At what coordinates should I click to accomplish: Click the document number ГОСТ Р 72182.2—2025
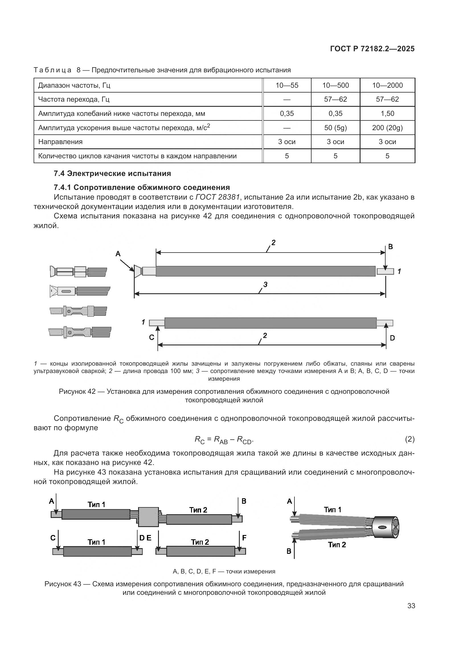[x=372, y=49]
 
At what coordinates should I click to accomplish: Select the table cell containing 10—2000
[x=387, y=85]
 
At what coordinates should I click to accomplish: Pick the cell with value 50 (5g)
[x=335, y=128]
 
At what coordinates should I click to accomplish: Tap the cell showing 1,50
[x=387, y=113]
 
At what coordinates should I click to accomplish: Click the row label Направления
[x=60, y=142]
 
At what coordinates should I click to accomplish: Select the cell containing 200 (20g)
[x=387, y=128]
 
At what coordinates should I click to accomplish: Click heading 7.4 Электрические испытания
[x=112, y=173]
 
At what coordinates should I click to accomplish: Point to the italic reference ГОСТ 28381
[x=218, y=197]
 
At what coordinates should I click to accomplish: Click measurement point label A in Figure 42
[x=118, y=254]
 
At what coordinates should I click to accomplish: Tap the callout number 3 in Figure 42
[x=265, y=284]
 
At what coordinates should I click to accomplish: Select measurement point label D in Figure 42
[x=392, y=338]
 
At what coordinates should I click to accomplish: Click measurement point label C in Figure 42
[x=151, y=337]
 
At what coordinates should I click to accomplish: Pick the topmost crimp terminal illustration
[x=78, y=272]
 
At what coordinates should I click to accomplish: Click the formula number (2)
[x=409, y=439]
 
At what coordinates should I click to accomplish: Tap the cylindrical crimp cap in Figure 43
[x=386, y=527]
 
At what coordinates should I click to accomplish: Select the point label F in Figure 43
[x=244, y=538]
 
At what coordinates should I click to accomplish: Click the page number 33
[x=411, y=606]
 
